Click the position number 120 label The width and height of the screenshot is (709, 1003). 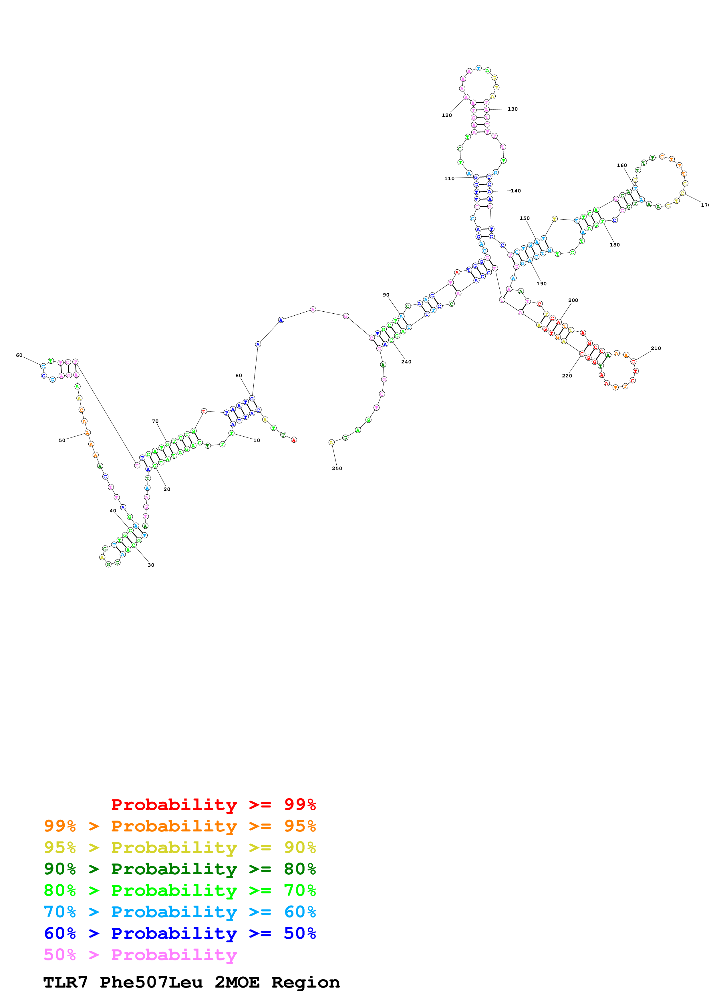coord(446,115)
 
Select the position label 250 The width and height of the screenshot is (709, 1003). coord(337,468)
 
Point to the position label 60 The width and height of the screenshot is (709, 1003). coord(19,355)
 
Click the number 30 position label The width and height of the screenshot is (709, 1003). coord(151,565)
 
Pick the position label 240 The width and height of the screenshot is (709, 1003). coord(406,362)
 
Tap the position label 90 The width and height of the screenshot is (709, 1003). coord(386,295)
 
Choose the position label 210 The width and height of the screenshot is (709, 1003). coord(656,348)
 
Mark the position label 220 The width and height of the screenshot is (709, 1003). coord(567,376)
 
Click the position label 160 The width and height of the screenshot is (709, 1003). coord(622,166)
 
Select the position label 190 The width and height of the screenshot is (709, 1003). coord(541,284)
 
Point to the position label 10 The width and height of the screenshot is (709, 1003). coord(257,440)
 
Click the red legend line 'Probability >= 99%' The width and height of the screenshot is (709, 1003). coord(213,804)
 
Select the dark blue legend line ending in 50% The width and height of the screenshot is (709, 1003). coord(180,933)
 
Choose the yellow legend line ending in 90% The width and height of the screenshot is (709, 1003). coord(180,847)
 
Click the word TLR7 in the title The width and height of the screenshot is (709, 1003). coord(65,982)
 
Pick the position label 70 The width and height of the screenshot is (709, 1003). coord(155,421)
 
